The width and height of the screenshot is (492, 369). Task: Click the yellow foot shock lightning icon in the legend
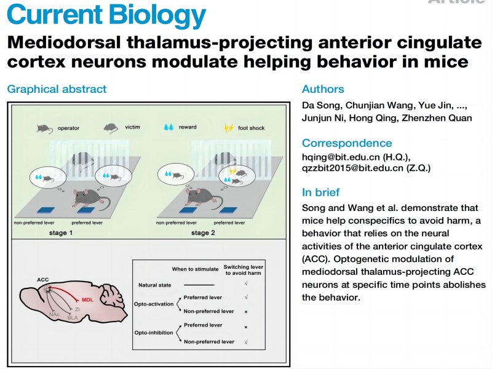pos(228,129)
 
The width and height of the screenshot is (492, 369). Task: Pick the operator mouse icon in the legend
pos(43,129)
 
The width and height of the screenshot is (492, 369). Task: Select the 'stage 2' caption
pos(204,233)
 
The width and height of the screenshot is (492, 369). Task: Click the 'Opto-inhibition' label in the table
pos(152,333)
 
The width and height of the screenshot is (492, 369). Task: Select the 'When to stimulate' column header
pos(195,269)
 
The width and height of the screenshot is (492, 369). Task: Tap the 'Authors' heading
pos(323,89)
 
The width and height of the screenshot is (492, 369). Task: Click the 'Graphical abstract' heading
pos(57,89)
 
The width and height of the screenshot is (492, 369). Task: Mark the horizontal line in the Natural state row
pos(198,285)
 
